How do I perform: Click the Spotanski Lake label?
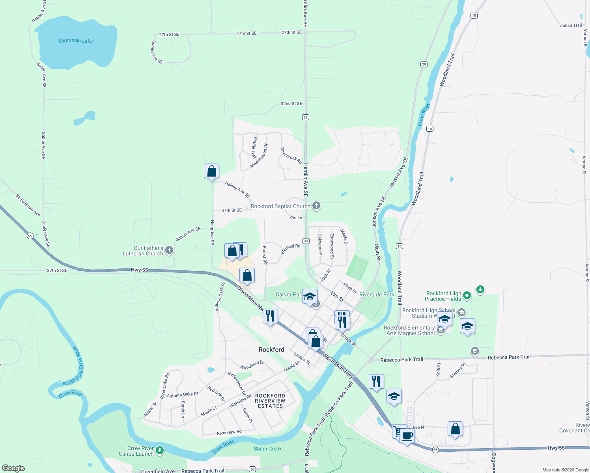(x=75, y=41)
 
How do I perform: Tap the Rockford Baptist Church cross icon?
(x=316, y=206)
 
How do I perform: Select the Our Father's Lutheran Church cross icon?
(x=169, y=250)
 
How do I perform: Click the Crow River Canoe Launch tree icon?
(x=160, y=450)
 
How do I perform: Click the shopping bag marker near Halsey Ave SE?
(x=212, y=171)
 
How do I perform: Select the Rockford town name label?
(x=271, y=350)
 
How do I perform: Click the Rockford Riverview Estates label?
(x=270, y=401)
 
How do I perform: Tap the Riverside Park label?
(x=377, y=294)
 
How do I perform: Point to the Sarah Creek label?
(x=268, y=449)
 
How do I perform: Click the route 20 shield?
(x=424, y=64)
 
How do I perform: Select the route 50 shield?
(x=252, y=469)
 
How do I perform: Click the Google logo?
(x=13, y=468)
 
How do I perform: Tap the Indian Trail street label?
(x=571, y=25)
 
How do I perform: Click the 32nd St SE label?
(x=291, y=104)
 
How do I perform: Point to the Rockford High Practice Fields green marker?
(x=467, y=295)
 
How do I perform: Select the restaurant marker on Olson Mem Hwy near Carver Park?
(x=270, y=316)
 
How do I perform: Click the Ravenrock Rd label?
(x=291, y=156)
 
